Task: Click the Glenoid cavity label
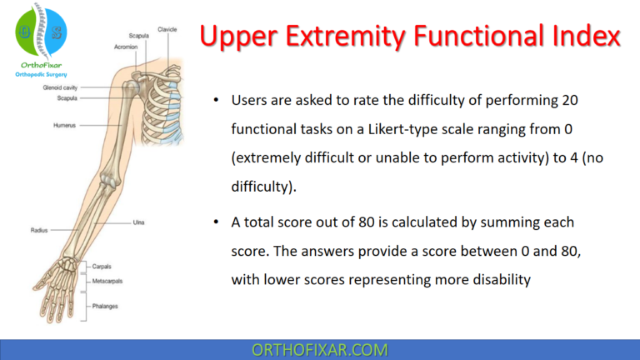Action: click(61, 87)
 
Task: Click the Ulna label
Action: click(140, 222)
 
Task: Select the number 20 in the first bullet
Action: click(588, 100)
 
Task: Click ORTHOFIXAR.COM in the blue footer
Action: click(319, 349)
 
